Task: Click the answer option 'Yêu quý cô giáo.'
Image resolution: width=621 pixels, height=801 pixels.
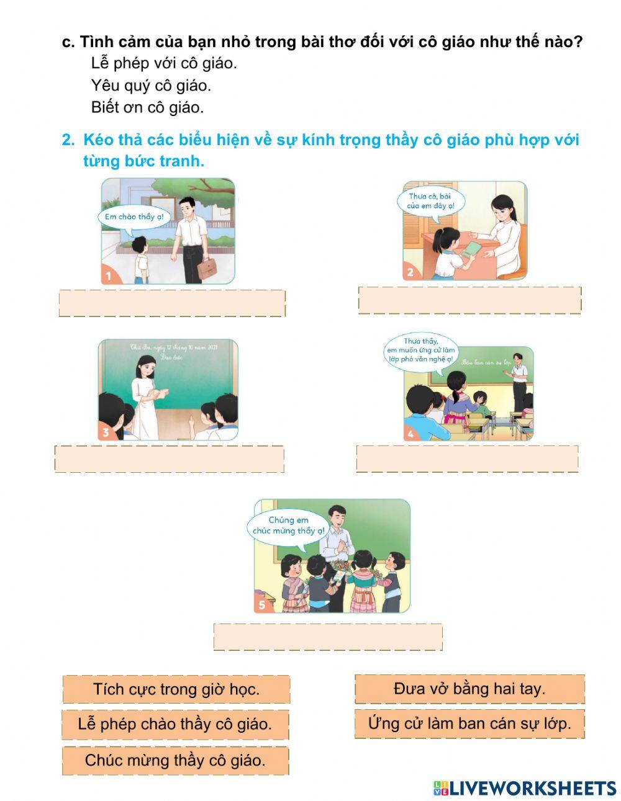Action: (151, 85)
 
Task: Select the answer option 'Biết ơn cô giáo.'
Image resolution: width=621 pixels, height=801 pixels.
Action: (147, 107)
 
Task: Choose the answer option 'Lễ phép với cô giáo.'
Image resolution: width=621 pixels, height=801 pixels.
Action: (164, 63)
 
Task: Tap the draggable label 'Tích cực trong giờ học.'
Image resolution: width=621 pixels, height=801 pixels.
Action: (176, 689)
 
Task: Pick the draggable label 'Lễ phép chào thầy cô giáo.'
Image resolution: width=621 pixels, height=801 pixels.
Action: (175, 724)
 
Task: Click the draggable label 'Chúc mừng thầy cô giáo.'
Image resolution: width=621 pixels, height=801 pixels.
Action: (175, 760)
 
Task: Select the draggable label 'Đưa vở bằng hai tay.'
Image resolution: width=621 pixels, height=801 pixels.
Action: (469, 689)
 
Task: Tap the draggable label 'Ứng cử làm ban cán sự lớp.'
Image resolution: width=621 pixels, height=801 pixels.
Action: (469, 723)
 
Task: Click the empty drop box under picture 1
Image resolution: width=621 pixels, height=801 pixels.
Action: (172, 303)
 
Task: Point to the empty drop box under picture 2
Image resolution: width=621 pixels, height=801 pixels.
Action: (469, 300)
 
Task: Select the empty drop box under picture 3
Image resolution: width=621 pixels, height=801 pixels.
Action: (169, 459)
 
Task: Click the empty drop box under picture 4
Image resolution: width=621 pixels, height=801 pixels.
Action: (467, 459)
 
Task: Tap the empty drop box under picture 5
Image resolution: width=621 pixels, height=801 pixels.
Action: (328, 637)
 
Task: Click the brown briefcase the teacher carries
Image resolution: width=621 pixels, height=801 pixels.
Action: (206, 266)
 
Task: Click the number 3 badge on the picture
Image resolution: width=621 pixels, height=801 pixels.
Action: (106, 432)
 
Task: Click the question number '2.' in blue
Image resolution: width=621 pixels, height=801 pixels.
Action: (68, 140)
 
